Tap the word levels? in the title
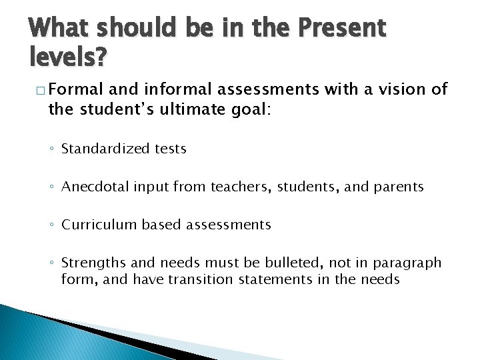click(67, 59)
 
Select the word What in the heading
click(60, 28)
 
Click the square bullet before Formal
click(38, 90)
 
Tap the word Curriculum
click(99, 225)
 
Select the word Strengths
click(91, 263)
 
